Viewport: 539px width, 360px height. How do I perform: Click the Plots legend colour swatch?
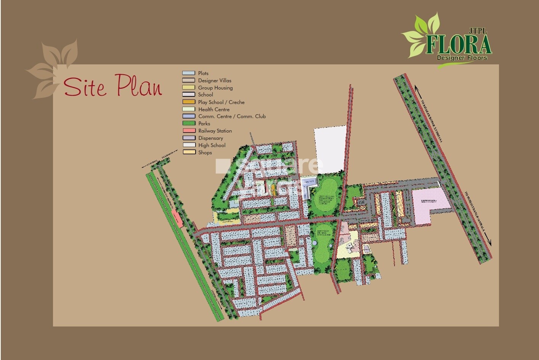(x=189, y=73)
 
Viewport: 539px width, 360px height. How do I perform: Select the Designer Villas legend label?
(x=215, y=80)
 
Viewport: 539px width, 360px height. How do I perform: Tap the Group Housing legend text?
(x=215, y=88)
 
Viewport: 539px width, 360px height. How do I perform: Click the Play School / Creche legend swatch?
(x=189, y=102)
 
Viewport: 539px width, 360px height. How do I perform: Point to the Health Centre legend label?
(x=214, y=109)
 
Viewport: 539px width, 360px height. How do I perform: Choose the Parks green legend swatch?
(x=189, y=123)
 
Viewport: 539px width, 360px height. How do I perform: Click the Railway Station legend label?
(x=215, y=131)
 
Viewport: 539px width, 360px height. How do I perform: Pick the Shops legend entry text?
(x=205, y=152)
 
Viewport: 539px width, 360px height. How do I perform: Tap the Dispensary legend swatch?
(x=189, y=138)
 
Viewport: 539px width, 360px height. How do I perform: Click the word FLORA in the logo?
(x=459, y=45)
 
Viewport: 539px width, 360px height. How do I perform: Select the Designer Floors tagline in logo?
(x=462, y=58)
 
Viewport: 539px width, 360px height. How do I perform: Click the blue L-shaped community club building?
(x=308, y=184)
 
